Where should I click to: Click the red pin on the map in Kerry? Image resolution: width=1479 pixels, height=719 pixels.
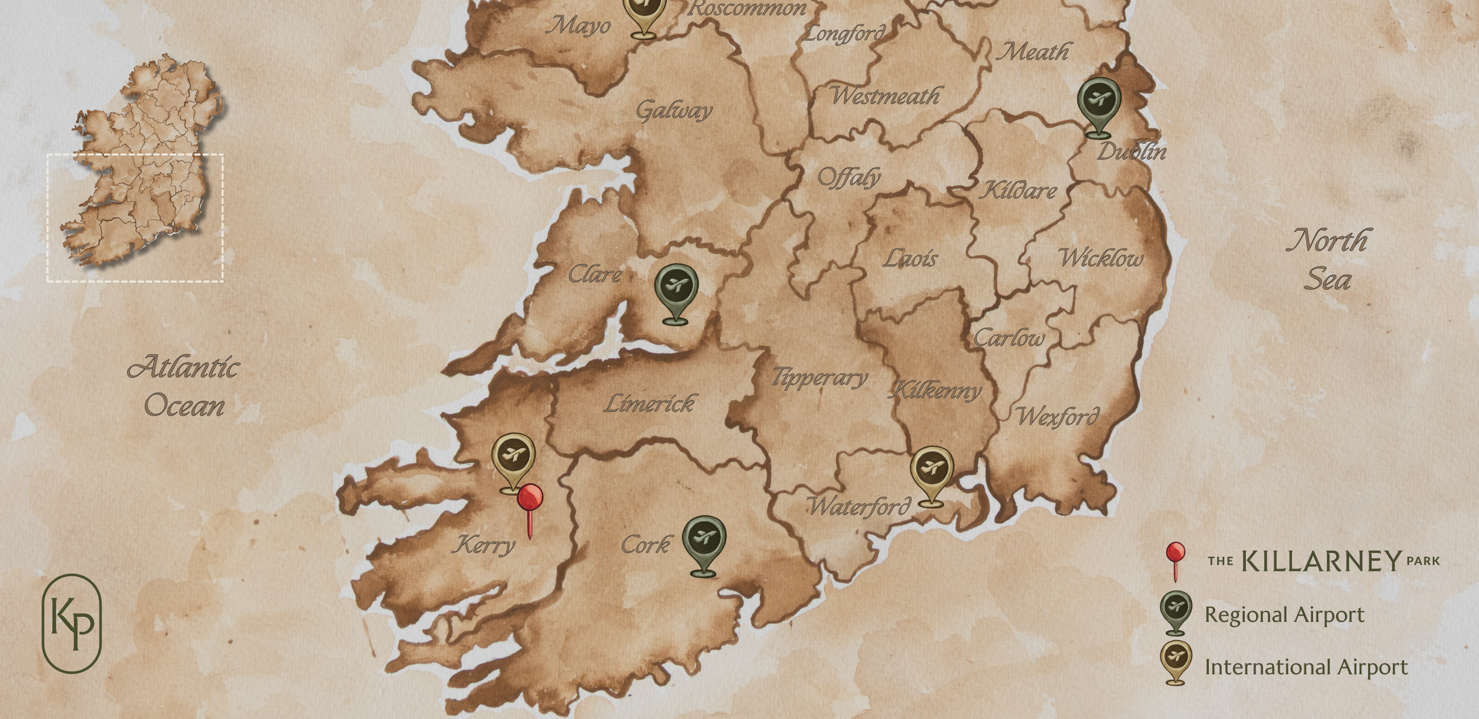coord(530,499)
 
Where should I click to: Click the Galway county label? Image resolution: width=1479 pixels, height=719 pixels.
coord(674,110)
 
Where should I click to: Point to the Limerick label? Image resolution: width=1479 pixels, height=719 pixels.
coord(649,404)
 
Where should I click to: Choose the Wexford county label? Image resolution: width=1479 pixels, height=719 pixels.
coord(1058,416)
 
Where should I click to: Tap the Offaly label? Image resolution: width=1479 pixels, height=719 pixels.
coord(848,177)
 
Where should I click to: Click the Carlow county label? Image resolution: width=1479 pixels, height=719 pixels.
coord(1009,338)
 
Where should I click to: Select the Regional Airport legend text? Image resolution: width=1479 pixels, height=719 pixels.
coord(1284,614)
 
